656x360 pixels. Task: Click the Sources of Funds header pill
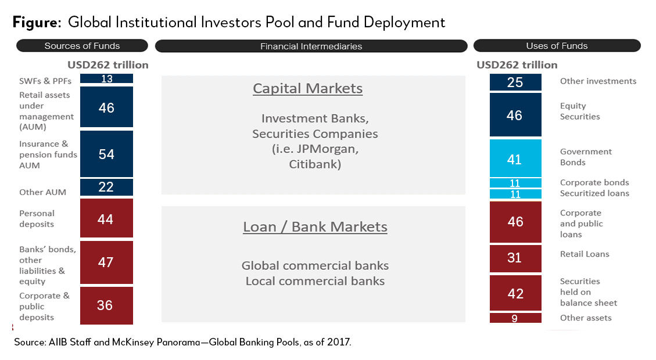[82, 45]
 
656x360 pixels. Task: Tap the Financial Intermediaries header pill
[311, 46]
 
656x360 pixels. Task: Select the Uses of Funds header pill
[557, 45]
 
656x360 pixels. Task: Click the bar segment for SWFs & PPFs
[107, 78]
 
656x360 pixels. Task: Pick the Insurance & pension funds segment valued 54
[107, 154]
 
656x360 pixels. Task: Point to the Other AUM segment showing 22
[107, 187]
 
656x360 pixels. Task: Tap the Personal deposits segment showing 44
[107, 218]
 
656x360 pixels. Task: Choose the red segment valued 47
[107, 262]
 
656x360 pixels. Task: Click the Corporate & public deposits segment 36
[107, 305]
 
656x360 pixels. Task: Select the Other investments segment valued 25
[515, 82]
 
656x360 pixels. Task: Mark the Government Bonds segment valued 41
[515, 159]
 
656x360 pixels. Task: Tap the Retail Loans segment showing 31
[515, 258]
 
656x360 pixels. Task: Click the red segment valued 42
[515, 293]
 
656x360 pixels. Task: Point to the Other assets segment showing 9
[515, 318]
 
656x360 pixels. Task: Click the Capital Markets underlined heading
[308, 89]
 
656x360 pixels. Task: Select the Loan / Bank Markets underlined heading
[315, 227]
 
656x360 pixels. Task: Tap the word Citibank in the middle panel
[315, 164]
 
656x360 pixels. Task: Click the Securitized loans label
[594, 193]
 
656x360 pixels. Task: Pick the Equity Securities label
[580, 111]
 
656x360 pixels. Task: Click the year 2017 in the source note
[339, 342]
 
